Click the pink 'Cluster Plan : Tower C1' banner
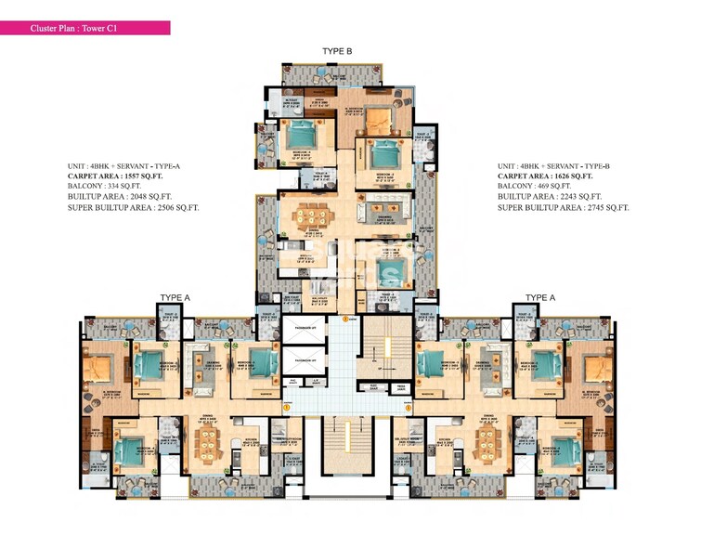click(x=85, y=28)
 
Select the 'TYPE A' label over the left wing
click(x=175, y=297)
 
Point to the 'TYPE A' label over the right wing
click(x=539, y=297)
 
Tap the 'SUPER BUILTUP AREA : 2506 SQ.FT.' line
click(x=134, y=208)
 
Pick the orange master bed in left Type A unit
click(x=100, y=366)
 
